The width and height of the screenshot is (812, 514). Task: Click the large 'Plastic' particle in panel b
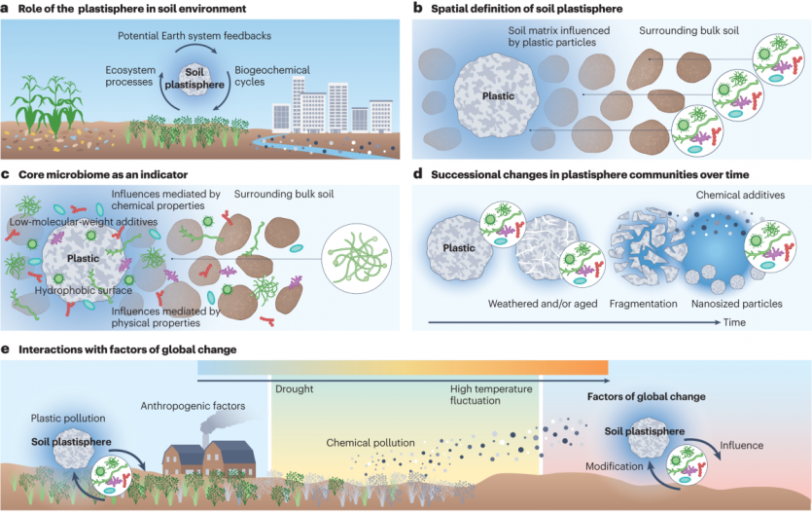(x=497, y=96)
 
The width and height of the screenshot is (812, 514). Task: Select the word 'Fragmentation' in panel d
(x=644, y=305)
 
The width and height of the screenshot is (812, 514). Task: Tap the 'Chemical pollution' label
(x=370, y=443)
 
